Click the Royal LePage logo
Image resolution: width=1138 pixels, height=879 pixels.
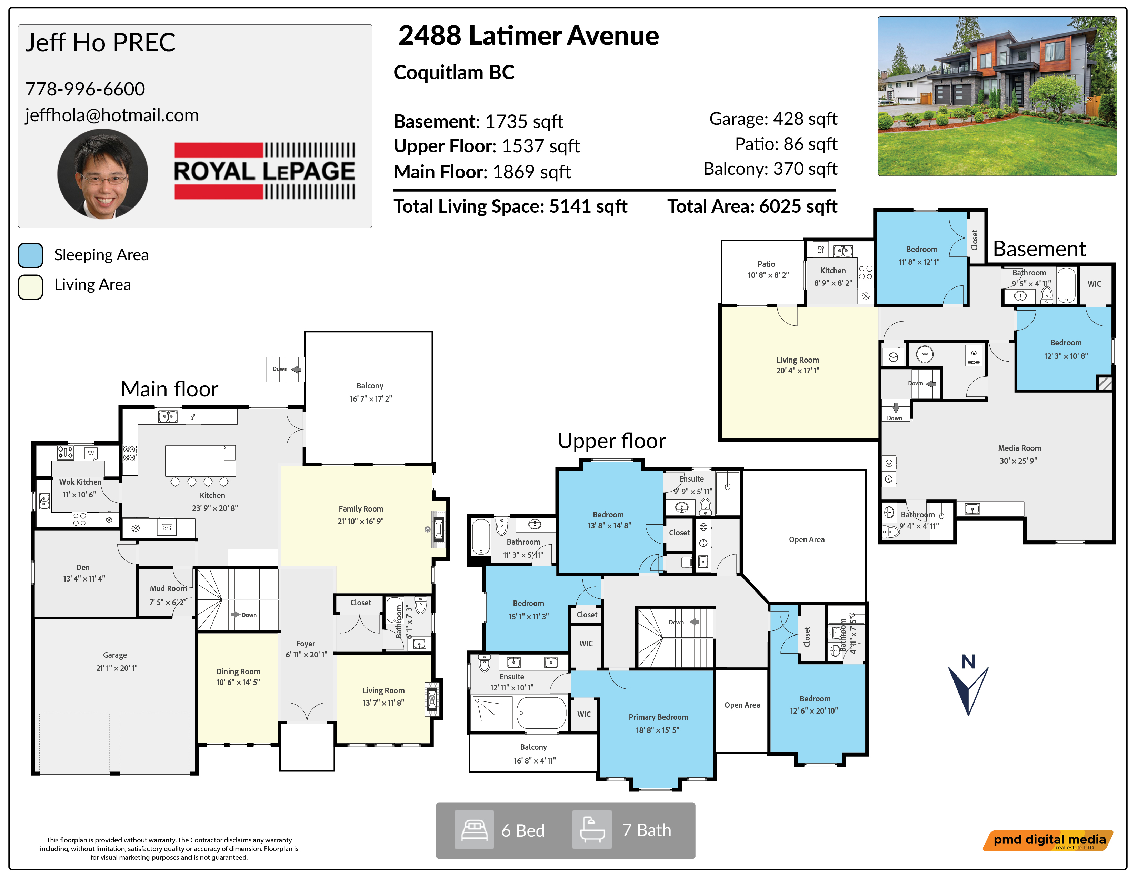[265, 171]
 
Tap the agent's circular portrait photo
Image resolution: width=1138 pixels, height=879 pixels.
[103, 174]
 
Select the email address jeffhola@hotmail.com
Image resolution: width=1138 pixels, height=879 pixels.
[112, 115]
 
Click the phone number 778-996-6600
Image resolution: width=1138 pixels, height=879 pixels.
[85, 89]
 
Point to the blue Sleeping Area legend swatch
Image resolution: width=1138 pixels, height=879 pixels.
[30, 255]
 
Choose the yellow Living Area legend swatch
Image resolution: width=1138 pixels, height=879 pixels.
[30, 287]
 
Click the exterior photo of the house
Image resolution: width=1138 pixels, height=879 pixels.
[997, 96]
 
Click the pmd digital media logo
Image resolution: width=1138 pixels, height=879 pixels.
[1048, 840]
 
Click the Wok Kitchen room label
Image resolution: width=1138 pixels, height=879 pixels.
[80, 482]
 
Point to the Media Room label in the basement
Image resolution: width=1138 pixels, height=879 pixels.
[1019, 448]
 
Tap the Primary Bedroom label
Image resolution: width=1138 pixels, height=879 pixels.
[658, 717]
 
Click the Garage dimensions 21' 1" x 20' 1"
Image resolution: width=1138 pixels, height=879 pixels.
[117, 668]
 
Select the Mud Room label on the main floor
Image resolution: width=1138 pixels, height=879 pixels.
[168, 588]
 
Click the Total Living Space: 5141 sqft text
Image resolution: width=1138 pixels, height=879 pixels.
[510, 207]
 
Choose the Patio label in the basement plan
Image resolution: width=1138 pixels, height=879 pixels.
[766, 264]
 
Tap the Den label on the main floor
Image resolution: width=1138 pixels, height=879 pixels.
[83, 568]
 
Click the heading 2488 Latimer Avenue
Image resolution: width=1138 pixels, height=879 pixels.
[528, 36]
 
